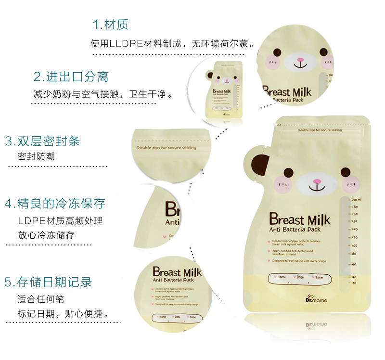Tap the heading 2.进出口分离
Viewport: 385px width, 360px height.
click(71, 77)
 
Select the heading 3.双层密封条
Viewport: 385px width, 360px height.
click(42, 141)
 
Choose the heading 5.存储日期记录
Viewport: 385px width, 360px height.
click(48, 282)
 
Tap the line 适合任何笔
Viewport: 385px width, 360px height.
click(40, 299)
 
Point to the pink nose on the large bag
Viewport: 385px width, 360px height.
click(317, 182)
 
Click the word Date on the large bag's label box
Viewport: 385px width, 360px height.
click(300, 277)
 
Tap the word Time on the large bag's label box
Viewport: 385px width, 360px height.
click(319, 277)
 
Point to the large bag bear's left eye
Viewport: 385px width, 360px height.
click(288, 172)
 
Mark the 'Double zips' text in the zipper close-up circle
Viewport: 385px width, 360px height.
click(167, 148)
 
